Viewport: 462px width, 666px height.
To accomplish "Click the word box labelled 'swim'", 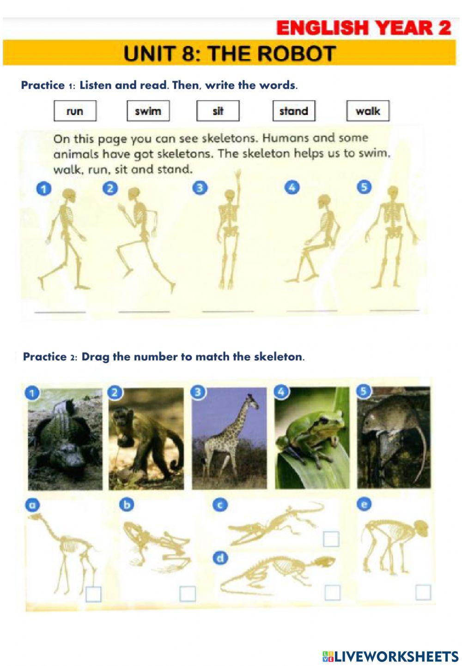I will click(148, 111).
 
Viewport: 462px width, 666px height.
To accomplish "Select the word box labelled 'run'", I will click(75, 111).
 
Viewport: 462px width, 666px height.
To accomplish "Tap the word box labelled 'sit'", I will click(218, 111).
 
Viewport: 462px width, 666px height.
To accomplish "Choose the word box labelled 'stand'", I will click(294, 111).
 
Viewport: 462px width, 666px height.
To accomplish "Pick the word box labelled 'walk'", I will click(368, 111).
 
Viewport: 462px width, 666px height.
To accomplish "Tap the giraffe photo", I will click(230, 438).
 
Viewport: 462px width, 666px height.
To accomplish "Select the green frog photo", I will click(312, 438).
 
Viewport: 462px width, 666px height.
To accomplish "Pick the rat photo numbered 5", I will click(394, 438).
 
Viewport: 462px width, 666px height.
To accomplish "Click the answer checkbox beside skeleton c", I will click(331, 539).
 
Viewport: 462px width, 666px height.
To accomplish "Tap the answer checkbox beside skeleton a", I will click(93, 594).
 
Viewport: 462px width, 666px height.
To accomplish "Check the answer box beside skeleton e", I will click(423, 592).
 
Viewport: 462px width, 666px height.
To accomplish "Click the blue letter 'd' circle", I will click(220, 558).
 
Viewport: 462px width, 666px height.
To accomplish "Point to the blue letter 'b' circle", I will click(126, 504).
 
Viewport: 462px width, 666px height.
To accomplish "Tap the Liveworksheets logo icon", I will click(328, 656).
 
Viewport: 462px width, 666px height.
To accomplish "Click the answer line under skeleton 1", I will click(60, 312).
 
